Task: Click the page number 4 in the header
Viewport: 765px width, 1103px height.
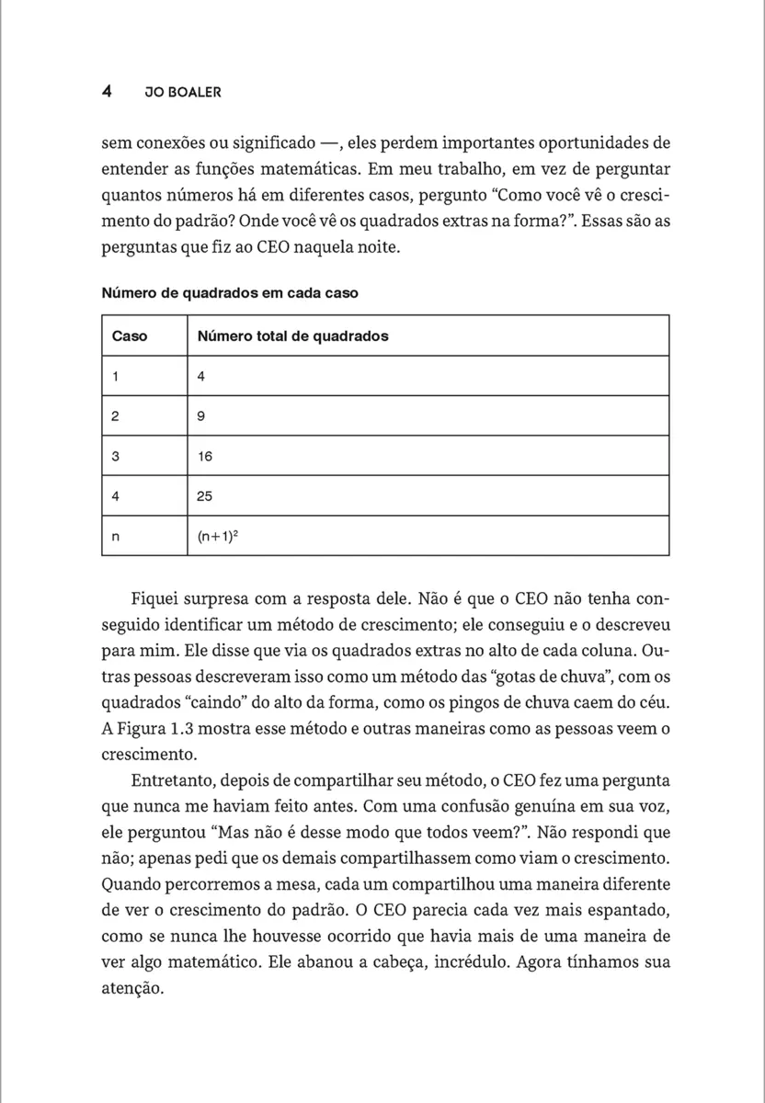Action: pyautogui.click(x=107, y=92)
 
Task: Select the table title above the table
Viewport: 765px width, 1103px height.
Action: pyautogui.click(x=229, y=293)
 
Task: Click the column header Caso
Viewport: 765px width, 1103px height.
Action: pyautogui.click(x=129, y=336)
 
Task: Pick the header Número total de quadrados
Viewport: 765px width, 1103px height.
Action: pyautogui.click(x=292, y=336)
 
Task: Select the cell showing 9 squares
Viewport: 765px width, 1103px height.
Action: pyautogui.click(x=201, y=416)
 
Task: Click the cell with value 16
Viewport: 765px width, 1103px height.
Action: pyautogui.click(x=205, y=456)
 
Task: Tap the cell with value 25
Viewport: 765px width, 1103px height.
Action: pyautogui.click(x=205, y=496)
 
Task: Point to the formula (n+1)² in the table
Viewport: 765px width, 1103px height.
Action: pyautogui.click(x=217, y=536)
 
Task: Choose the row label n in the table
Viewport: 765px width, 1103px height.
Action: pyautogui.click(x=115, y=537)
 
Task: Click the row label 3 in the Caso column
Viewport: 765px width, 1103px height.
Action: pyautogui.click(x=115, y=456)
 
